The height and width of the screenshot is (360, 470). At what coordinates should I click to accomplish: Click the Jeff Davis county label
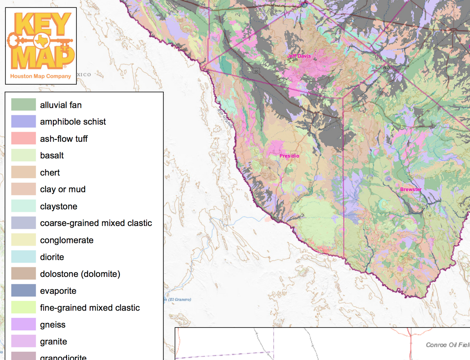[299, 56]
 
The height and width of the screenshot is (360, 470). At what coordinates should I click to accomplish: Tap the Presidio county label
[289, 156]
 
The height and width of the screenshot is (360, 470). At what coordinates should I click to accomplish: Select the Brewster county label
[411, 190]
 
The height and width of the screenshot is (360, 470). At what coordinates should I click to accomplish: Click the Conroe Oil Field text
[447, 345]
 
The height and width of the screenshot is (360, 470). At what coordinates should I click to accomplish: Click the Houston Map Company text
[41, 76]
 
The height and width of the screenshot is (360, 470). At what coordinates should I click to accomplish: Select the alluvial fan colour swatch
[23, 105]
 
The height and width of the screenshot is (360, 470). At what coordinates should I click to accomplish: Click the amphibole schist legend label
[73, 122]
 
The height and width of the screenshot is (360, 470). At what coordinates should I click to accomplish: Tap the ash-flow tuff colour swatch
[23, 139]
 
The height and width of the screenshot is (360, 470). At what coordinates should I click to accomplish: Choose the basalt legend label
[52, 156]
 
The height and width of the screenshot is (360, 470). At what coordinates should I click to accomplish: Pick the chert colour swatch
[23, 172]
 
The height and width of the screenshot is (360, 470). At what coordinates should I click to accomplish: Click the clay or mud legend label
[63, 189]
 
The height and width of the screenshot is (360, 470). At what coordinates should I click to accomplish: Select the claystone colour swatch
[23, 206]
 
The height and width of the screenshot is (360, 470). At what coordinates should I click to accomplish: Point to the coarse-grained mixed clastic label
[96, 223]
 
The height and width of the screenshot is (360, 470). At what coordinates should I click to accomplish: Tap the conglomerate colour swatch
[23, 240]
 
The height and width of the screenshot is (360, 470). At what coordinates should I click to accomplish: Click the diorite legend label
[52, 257]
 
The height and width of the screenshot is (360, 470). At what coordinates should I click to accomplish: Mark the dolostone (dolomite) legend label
[80, 274]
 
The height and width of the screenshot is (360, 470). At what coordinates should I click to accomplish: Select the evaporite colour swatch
[23, 291]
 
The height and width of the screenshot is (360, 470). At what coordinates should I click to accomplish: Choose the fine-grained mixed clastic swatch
[23, 308]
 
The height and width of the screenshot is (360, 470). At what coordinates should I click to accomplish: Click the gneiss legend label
[52, 325]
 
